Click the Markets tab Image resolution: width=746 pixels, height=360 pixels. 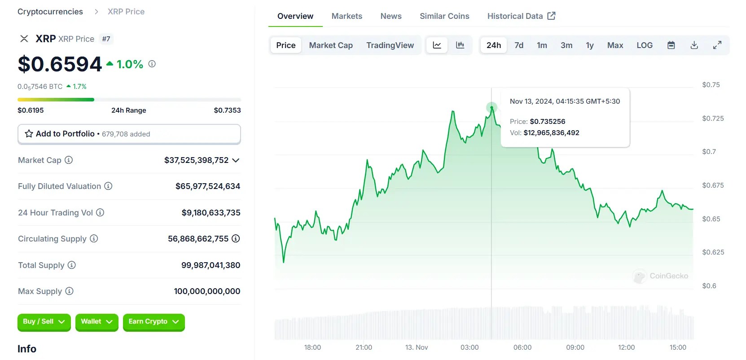tap(347, 16)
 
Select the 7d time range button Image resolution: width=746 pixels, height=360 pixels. tap(519, 45)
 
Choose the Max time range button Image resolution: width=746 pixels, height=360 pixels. tap(615, 45)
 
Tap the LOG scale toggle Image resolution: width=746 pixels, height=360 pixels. tap(645, 45)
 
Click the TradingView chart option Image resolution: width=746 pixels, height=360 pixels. tap(390, 45)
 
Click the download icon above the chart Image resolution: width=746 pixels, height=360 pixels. tap(694, 45)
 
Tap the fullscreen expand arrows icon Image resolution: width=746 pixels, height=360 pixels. tap(717, 45)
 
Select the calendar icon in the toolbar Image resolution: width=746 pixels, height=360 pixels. tap(671, 45)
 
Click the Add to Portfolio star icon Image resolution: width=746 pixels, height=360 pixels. tap(29, 134)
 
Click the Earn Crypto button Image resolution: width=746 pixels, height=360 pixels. tap(154, 322)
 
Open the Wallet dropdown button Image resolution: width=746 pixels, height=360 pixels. tap(97, 322)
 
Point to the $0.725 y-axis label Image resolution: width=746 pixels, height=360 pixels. tap(713, 119)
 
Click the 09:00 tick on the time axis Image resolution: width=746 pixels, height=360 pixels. tap(575, 347)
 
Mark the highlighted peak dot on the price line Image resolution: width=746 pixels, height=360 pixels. tap(491, 107)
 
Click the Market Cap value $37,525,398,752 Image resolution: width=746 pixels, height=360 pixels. tap(196, 160)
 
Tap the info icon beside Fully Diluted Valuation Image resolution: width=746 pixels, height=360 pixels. tap(108, 186)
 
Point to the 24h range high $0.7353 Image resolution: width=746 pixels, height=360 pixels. tap(227, 110)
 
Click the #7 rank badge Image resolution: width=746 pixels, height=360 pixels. tap(106, 39)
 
